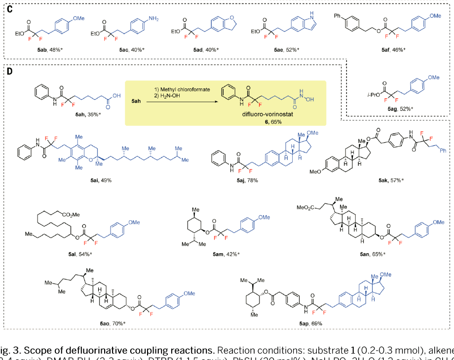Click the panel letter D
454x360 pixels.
(x=9, y=72)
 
